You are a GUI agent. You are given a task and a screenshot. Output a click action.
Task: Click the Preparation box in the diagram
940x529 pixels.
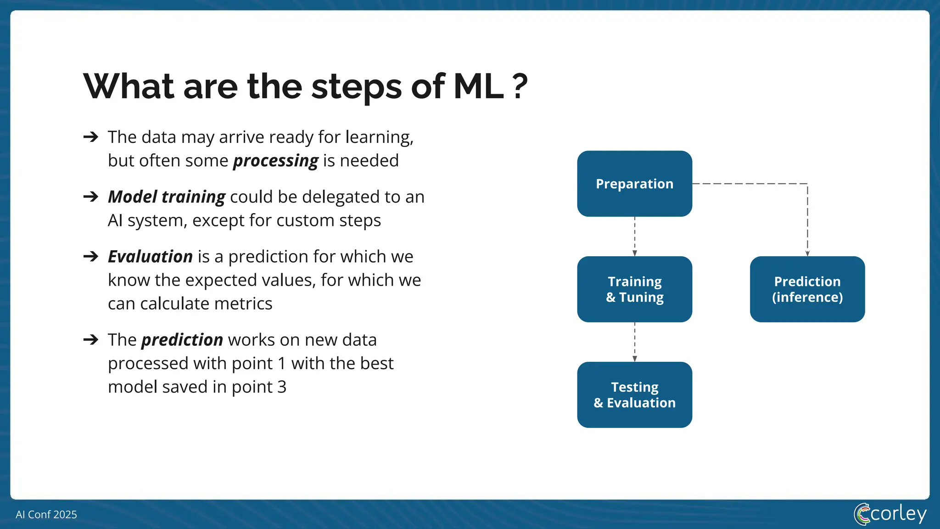[x=634, y=184]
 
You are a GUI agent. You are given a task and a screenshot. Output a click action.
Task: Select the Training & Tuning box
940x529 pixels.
[x=634, y=289]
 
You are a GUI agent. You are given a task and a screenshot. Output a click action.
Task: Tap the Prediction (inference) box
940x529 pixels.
[x=807, y=289]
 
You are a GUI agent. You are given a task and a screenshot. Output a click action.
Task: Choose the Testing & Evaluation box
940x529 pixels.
[x=634, y=395]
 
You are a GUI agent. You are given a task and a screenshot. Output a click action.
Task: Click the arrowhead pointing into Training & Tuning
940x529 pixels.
[x=635, y=253]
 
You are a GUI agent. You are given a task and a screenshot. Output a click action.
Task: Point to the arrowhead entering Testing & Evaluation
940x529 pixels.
[x=635, y=359]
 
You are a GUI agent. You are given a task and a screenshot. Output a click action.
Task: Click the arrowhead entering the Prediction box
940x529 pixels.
[x=807, y=253]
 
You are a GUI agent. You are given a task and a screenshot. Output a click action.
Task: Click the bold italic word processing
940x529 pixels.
[x=275, y=161]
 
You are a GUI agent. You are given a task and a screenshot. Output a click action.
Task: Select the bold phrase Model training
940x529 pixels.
[x=167, y=197]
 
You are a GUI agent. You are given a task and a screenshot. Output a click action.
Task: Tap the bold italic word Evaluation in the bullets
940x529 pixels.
[x=150, y=257]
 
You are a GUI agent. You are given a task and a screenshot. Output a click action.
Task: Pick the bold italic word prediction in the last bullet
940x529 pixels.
[x=182, y=340]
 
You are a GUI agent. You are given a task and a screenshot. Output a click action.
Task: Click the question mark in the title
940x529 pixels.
[x=520, y=86]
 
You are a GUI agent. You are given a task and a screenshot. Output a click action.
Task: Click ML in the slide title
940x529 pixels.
[x=478, y=86]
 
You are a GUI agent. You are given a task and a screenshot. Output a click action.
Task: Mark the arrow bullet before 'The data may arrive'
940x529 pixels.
[x=91, y=137]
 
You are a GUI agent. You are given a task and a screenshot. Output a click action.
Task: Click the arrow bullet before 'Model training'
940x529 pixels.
[x=91, y=197]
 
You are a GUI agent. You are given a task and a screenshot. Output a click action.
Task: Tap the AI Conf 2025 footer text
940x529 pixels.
[x=46, y=514]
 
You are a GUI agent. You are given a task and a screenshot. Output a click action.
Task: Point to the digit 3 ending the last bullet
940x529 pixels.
[x=282, y=387]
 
